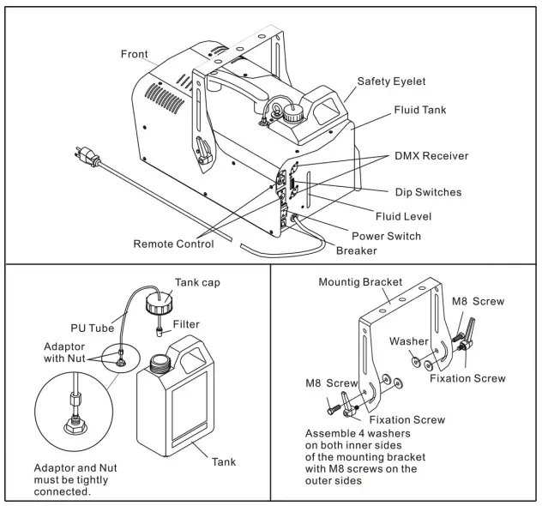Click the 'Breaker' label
[357, 250]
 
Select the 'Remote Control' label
[173, 244]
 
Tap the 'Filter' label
[186, 325]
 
